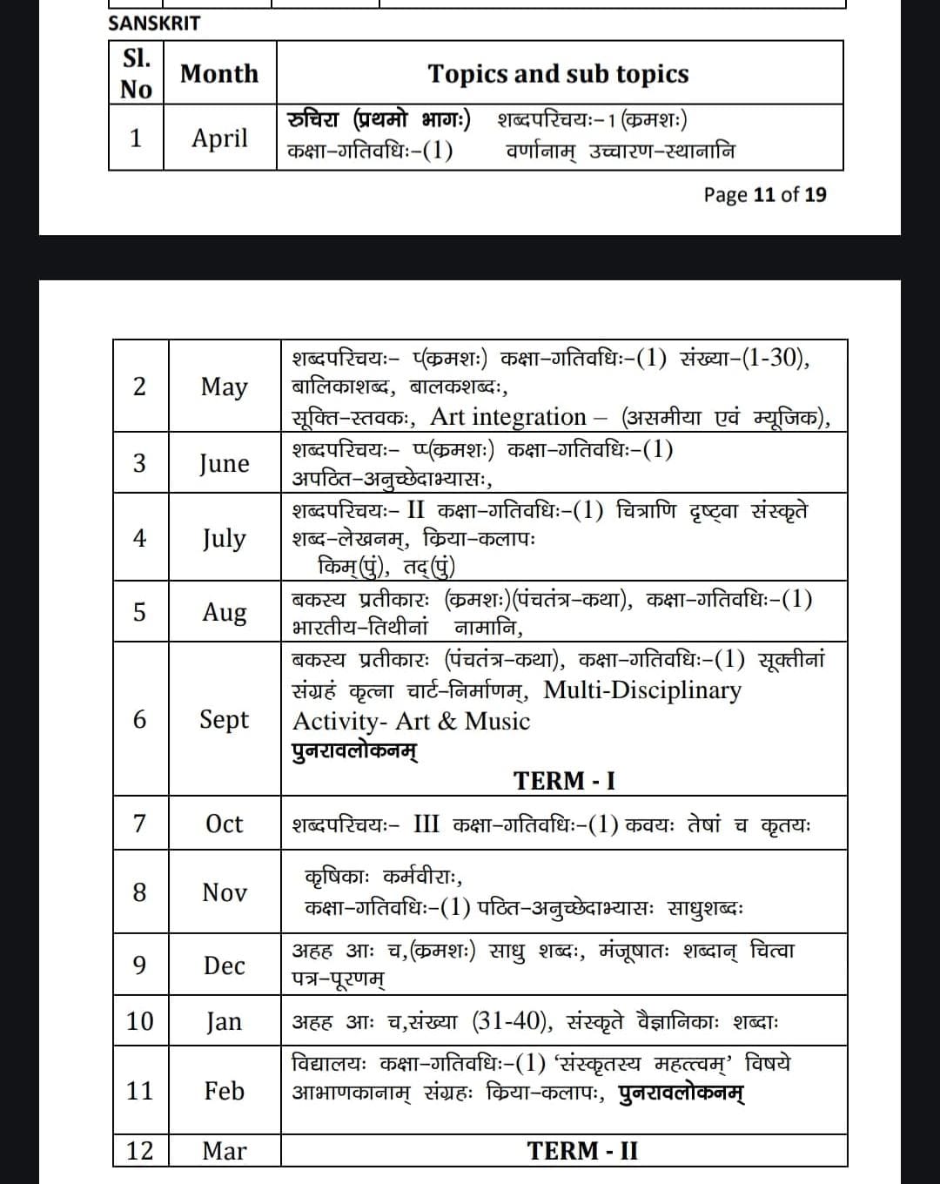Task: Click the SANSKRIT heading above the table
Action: [153, 24]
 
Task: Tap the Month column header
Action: [219, 73]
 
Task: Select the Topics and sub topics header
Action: [558, 74]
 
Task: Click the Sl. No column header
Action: [136, 73]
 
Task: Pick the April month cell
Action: [219, 138]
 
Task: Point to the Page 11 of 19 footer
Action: [765, 194]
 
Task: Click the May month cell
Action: [224, 386]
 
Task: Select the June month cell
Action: [224, 462]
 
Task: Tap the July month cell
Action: [224, 537]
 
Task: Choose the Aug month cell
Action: [224, 611]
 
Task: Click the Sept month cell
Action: [224, 719]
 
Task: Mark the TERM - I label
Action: [564, 780]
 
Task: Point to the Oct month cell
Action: [224, 823]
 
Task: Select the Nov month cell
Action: [224, 891]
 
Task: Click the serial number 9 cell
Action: [139, 965]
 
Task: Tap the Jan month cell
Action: [224, 1020]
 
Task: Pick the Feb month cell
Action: [224, 1090]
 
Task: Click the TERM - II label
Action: [582, 1150]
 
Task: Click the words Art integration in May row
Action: [508, 416]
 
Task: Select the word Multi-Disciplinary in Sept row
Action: [642, 690]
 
